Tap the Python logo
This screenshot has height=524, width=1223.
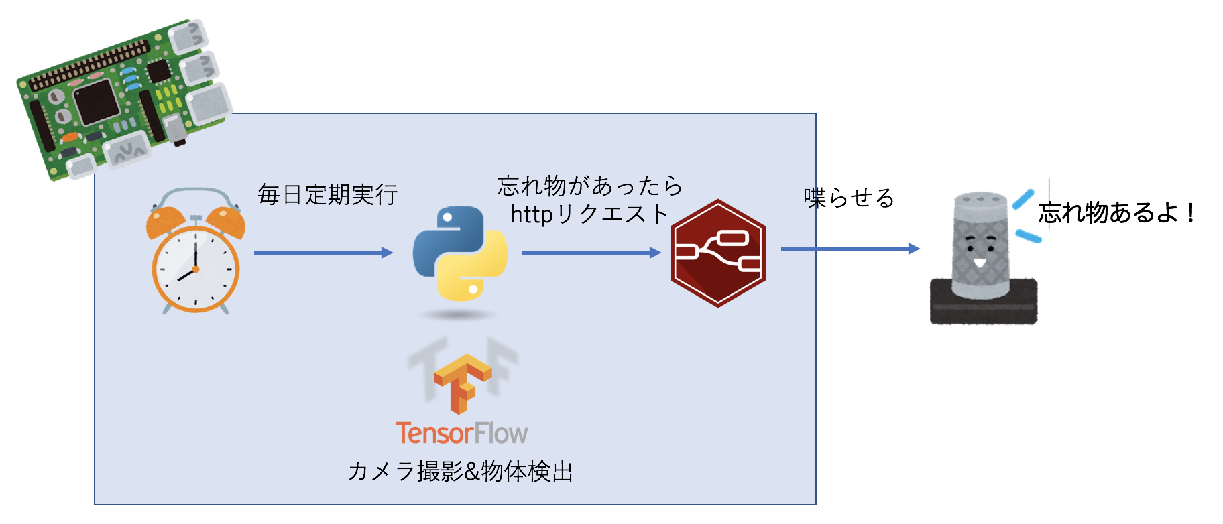(460, 253)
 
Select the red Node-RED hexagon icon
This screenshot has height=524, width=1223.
(717, 253)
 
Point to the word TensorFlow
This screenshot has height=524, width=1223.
(461, 434)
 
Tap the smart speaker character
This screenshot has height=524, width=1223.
(982, 258)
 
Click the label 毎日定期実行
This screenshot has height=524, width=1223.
(328, 195)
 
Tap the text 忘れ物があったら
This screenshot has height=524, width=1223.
(590, 186)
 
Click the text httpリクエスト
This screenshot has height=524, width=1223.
(589, 214)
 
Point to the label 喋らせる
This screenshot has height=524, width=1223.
(849, 198)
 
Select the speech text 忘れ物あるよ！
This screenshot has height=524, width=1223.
(1117, 213)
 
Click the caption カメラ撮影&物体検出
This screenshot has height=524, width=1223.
(461, 472)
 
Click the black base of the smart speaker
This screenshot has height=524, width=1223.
(984, 305)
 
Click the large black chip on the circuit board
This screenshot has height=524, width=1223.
(97, 104)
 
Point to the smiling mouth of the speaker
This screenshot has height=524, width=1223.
(980, 262)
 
